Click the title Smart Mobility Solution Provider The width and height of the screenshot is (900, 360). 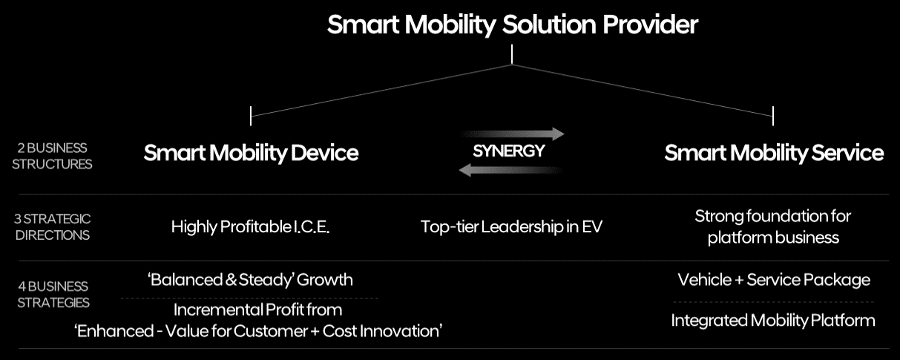(x=513, y=25)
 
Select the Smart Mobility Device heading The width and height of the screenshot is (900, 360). (x=251, y=153)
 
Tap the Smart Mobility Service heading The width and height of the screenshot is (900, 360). (x=774, y=153)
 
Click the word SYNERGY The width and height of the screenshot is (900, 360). (x=509, y=151)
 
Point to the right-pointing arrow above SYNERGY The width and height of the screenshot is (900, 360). (x=512, y=134)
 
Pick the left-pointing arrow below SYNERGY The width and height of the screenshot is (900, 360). (x=510, y=170)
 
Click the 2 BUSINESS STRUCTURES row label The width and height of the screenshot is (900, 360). (x=52, y=156)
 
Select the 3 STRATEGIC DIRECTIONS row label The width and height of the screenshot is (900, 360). (x=52, y=226)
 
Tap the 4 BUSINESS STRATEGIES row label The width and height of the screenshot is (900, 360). (x=53, y=294)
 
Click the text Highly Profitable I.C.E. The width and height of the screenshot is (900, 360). (x=250, y=227)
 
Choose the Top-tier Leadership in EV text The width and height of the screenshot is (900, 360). (x=511, y=226)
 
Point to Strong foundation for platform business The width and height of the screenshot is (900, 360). (x=773, y=226)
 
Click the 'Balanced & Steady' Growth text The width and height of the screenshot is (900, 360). (x=250, y=280)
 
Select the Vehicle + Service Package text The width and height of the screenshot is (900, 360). (x=774, y=280)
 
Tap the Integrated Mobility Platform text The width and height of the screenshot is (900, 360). (x=773, y=320)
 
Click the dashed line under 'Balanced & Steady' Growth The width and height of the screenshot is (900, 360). (x=249, y=298)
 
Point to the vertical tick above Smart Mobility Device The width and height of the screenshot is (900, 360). (x=251, y=116)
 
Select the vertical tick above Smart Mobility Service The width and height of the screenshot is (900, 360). (x=773, y=116)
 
